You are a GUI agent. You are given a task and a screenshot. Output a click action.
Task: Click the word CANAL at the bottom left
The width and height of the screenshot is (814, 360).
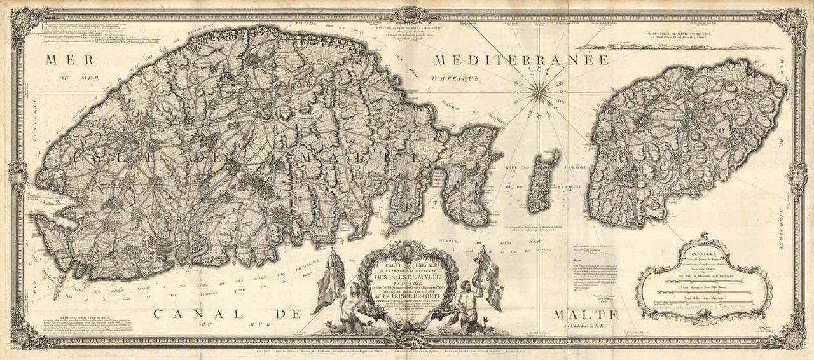pyautogui.click(x=190, y=314)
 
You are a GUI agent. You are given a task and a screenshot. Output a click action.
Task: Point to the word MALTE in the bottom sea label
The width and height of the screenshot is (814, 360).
pyautogui.click(x=586, y=315)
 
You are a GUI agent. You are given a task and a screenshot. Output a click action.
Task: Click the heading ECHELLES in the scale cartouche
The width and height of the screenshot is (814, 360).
pyautogui.click(x=704, y=250)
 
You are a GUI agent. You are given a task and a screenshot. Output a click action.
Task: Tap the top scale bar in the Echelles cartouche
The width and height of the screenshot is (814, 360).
pyautogui.click(x=704, y=280)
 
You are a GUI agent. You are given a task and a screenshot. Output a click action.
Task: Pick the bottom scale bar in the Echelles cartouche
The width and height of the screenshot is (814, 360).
pyautogui.click(x=704, y=303)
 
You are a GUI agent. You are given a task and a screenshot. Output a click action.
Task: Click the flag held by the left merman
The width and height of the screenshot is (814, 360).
pyautogui.click(x=329, y=280)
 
